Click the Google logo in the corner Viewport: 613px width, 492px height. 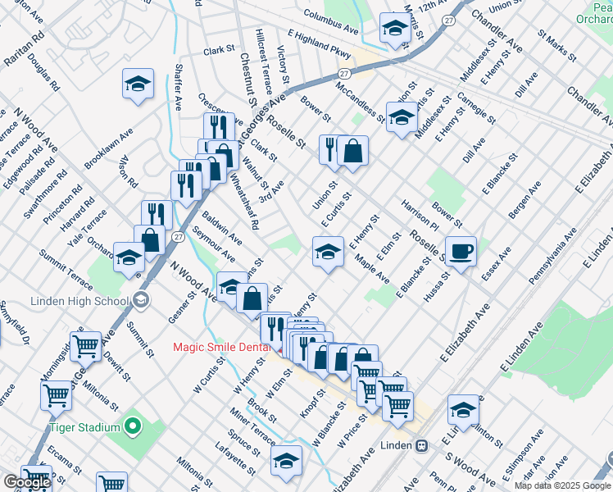coord(27,482)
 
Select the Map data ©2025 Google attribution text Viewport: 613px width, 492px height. coord(562,485)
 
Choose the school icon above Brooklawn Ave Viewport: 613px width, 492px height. coord(138,83)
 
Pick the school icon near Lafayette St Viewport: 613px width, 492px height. coord(286,461)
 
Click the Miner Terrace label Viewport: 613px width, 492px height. coord(252,427)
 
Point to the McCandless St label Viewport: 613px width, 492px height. coord(360,97)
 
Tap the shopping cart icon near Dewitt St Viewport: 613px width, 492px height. coord(85,346)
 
